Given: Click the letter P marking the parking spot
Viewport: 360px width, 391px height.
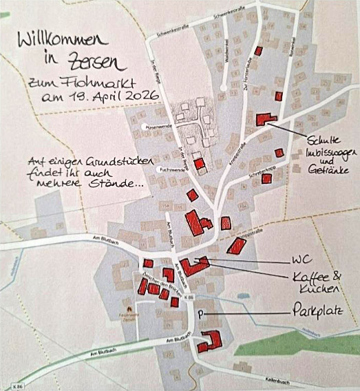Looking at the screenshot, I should tap(200, 315).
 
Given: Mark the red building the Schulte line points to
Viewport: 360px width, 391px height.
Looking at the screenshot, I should tap(264, 119).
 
